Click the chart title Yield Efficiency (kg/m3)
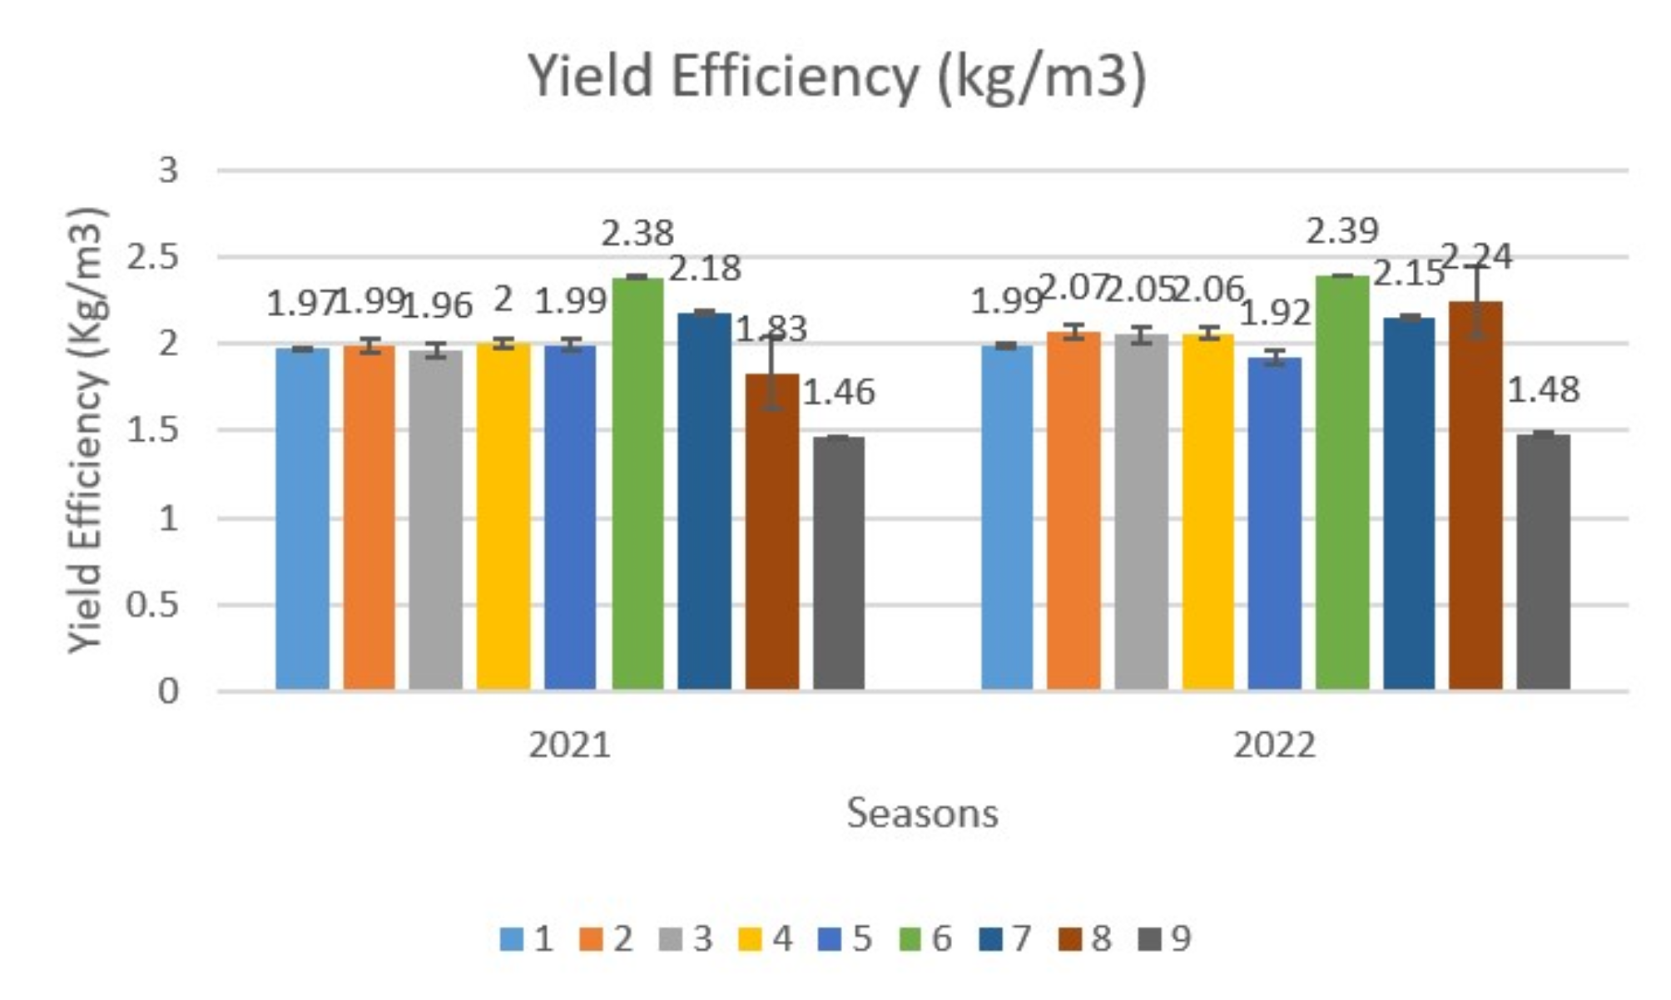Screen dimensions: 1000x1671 click(x=837, y=77)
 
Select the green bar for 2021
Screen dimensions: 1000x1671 click(x=638, y=483)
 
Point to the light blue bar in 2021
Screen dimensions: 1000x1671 click(x=302, y=519)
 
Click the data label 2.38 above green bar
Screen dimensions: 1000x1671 click(x=637, y=234)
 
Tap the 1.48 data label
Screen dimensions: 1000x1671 click(x=1543, y=389)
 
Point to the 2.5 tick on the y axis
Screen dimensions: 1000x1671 click(x=152, y=258)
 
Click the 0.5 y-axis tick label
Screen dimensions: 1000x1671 click(x=152, y=605)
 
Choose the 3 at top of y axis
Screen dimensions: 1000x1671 click(x=168, y=171)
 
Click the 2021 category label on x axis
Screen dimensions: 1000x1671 click(x=569, y=745)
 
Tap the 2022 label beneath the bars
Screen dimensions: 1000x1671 click(x=1274, y=745)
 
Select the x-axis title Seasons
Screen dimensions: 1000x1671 click(x=922, y=813)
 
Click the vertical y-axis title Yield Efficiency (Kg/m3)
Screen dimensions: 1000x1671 click(x=87, y=429)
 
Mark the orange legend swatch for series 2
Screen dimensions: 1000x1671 click(x=591, y=939)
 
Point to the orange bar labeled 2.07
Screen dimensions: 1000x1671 click(x=1074, y=510)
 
